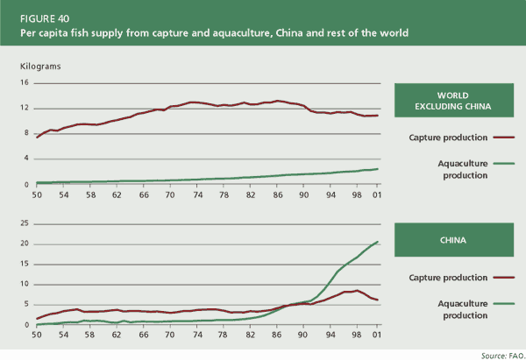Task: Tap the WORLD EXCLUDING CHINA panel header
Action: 455,102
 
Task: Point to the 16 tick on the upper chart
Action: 25,83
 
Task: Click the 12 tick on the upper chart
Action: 25,109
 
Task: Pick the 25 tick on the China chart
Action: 25,224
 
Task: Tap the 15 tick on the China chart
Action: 25,265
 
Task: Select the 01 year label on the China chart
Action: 376,334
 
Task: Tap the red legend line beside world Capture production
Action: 503,138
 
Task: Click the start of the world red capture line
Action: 37,138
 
